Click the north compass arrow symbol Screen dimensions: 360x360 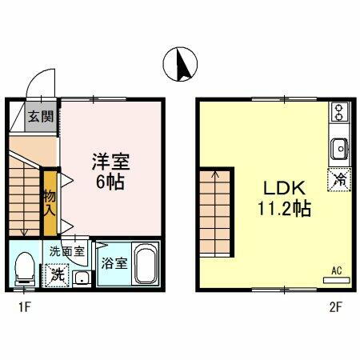pyautogui.click(x=181, y=65)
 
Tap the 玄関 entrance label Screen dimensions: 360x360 pyautogui.click(x=41, y=115)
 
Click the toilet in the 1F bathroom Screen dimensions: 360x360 pyautogui.click(x=24, y=268)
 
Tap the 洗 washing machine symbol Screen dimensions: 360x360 pyautogui.click(x=57, y=274)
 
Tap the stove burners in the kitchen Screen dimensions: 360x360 pyautogui.click(x=338, y=112)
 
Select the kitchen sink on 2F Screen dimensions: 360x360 pyautogui.click(x=338, y=148)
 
